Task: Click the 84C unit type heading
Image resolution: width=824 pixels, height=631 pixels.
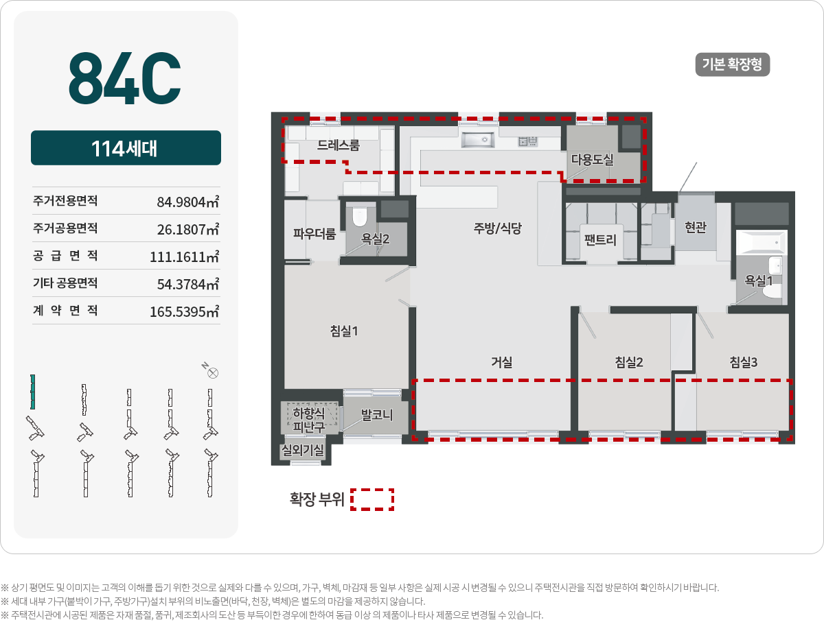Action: [124, 77]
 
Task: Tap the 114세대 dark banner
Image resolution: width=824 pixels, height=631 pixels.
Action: [126, 148]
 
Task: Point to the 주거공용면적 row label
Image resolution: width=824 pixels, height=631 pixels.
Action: [65, 228]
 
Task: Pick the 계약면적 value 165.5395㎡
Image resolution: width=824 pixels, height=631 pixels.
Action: [184, 311]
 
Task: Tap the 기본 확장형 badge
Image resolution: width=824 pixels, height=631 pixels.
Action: [733, 65]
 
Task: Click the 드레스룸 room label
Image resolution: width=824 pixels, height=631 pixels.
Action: [338, 145]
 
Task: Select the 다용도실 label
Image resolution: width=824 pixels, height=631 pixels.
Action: [592, 159]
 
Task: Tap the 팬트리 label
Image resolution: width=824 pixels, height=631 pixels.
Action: [600, 240]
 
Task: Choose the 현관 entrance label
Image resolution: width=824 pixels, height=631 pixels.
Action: [696, 227]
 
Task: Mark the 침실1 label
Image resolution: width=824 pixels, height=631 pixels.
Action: [344, 331]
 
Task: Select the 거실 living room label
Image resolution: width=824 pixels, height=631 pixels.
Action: [501, 362]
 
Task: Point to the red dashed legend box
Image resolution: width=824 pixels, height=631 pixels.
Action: [372, 499]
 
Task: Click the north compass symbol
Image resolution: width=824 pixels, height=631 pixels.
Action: [213, 373]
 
